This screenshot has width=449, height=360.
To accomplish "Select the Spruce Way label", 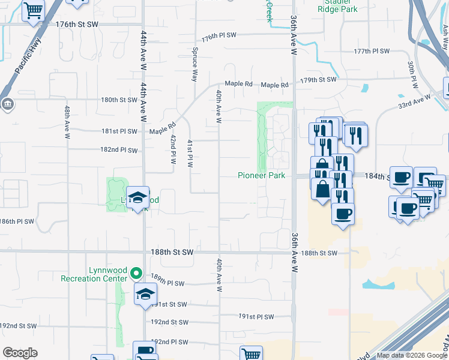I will [x=194, y=65].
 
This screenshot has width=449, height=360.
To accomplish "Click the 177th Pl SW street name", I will [x=372, y=52].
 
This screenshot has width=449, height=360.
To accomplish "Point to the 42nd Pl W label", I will [x=172, y=149].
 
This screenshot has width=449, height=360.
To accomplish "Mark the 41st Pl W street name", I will [x=189, y=154].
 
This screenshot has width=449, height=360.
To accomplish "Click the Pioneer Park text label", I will [x=261, y=175].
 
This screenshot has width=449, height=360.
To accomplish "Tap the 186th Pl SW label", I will [x=17, y=221].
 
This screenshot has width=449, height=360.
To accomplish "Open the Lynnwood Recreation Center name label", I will [x=94, y=274].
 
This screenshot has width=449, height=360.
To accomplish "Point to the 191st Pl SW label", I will [x=256, y=316].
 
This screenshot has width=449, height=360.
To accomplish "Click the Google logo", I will [x=20, y=353].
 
